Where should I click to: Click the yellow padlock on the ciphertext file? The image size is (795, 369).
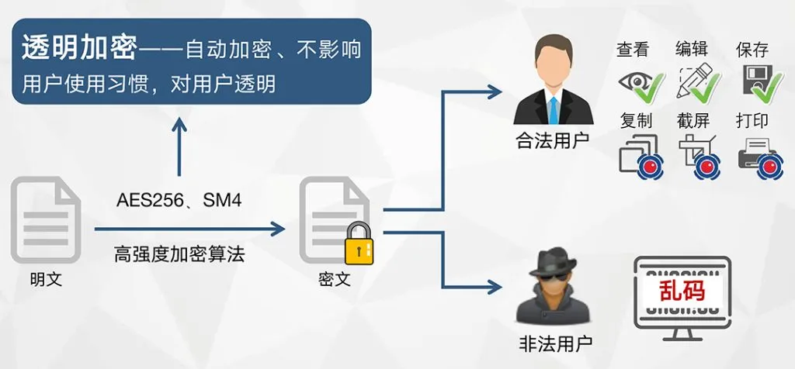click(x=358, y=243)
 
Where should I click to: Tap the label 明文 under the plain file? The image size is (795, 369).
click(x=46, y=279)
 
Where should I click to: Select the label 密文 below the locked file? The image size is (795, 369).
click(x=335, y=279)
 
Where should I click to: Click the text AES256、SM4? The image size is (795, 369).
click(x=179, y=201)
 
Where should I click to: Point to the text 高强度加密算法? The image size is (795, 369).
click(x=179, y=253)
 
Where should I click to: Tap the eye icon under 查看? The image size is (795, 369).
click(x=634, y=82)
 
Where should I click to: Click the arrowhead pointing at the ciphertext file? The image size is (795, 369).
click(x=277, y=229)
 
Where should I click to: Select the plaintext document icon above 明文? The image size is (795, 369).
click(x=46, y=221)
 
